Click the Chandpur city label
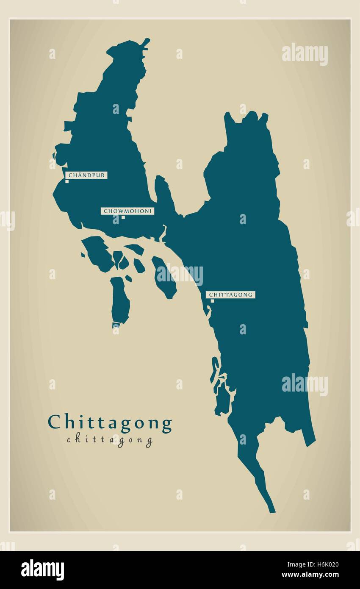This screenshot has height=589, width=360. (x=87, y=175)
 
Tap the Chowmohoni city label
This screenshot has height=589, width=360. (x=127, y=211)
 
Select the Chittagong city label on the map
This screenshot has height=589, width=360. (x=230, y=294)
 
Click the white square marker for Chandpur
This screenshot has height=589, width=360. (x=67, y=181)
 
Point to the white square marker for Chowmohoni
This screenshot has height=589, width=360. (x=123, y=217)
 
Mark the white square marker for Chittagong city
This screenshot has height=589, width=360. (x=212, y=301)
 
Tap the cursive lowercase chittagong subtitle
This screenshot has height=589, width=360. (x=110, y=440)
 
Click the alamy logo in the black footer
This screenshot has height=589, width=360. (x=42, y=570)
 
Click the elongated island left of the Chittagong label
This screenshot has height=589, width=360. (x=164, y=278)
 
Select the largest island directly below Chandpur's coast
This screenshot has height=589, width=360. (x=97, y=253)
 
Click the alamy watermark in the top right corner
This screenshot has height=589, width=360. (x=305, y=54)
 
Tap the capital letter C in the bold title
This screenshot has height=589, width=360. (x=54, y=422)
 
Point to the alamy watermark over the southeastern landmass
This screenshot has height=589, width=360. (x=305, y=385)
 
